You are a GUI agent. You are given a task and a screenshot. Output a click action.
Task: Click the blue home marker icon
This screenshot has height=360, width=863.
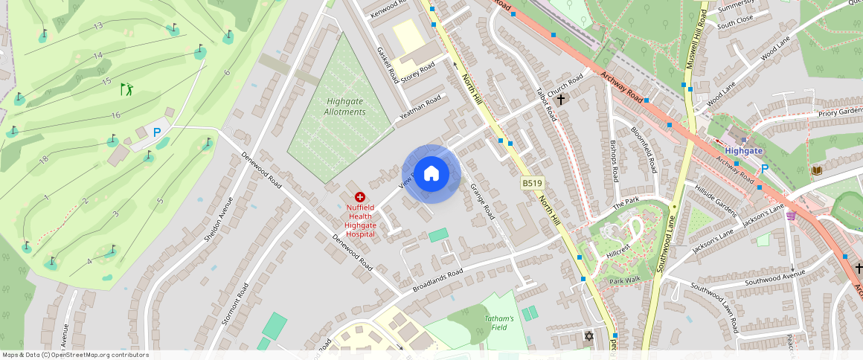(x=431, y=174)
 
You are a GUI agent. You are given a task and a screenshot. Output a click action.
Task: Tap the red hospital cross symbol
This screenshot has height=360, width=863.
(x=360, y=197)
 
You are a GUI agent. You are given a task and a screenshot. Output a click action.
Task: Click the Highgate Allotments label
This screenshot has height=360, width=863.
(x=345, y=106)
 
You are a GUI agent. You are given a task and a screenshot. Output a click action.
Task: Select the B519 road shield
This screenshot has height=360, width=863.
(x=531, y=183)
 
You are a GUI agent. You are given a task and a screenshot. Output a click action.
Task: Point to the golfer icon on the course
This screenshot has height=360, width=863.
(x=127, y=89)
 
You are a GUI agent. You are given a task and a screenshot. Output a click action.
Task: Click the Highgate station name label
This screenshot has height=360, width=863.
(x=744, y=150)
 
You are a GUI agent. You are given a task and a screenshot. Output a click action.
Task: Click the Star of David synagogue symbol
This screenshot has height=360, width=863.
(x=589, y=336)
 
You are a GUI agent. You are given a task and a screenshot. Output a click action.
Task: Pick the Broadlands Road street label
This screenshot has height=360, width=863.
(x=437, y=279)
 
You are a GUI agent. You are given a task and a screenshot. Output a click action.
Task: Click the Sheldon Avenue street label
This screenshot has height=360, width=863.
(x=219, y=219)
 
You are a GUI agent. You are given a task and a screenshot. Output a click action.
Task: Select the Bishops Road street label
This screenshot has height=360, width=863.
(x=614, y=161)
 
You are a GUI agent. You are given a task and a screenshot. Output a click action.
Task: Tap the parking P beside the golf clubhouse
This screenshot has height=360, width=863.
(x=157, y=132)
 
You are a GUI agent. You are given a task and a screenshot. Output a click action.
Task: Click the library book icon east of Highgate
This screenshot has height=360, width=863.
(x=816, y=171)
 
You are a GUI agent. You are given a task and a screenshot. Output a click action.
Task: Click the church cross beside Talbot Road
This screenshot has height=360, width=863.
(x=560, y=98)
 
